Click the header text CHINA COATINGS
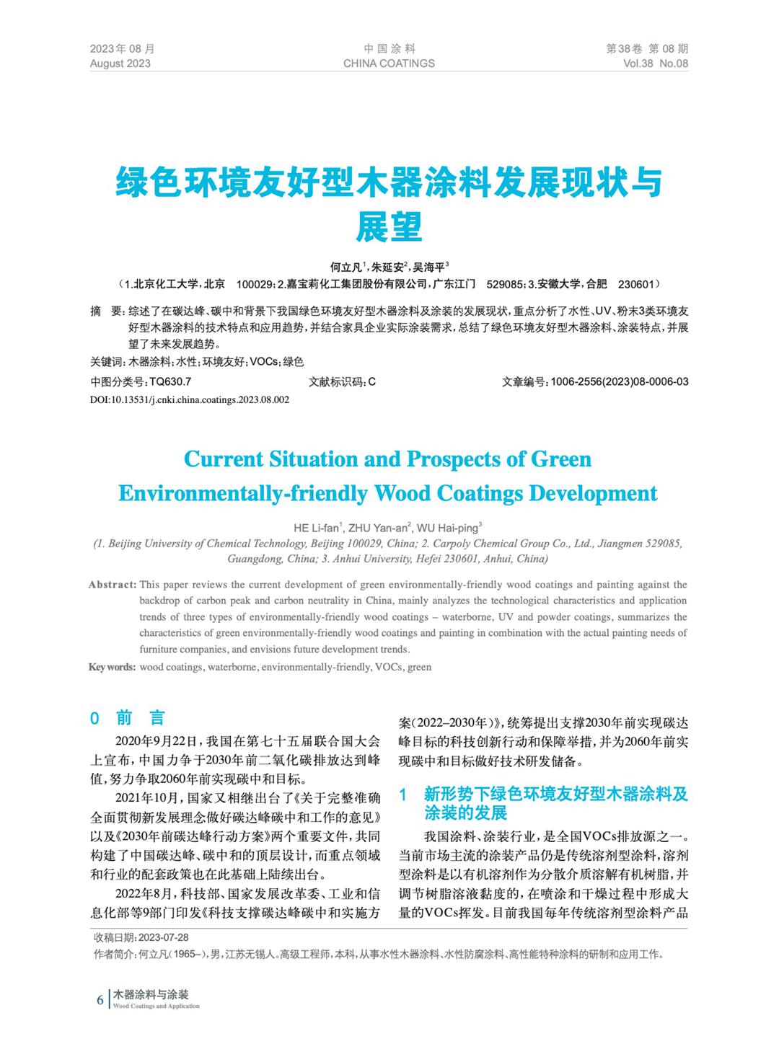[389, 63]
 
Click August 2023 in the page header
[120, 63]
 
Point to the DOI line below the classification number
[190, 399]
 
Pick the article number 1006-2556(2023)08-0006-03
[619, 381]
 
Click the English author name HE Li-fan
[317, 528]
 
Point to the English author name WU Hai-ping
[448, 528]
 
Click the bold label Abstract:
[112, 585]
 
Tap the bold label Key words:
[112, 667]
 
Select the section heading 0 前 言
[128, 718]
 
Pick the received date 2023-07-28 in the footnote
[163, 937]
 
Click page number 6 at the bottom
[100, 1000]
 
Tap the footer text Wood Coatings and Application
[156, 1006]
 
